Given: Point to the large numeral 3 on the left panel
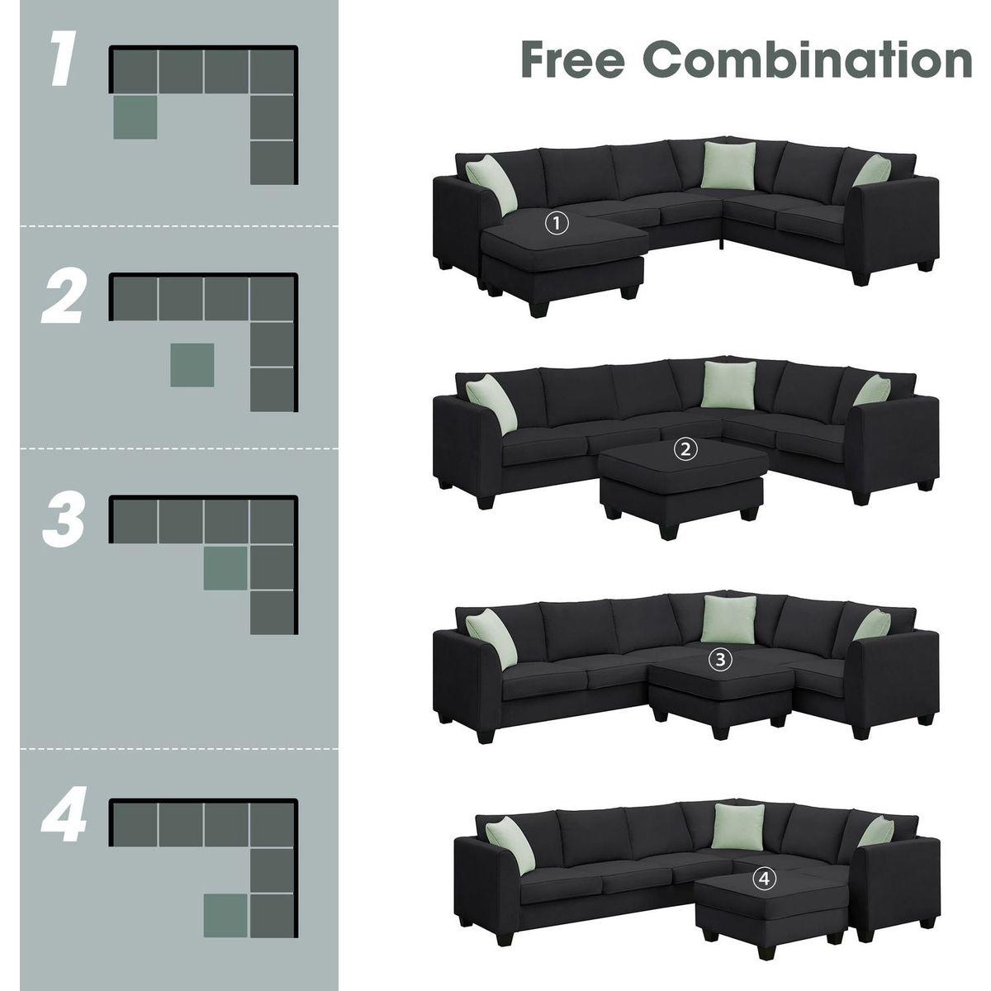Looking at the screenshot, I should coord(64,520).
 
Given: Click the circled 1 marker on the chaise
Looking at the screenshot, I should coord(558,222).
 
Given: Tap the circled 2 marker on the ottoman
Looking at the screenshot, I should coord(686,450).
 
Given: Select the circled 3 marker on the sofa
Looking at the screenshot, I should coord(721,659).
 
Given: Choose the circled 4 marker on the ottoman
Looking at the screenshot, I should coord(766,880).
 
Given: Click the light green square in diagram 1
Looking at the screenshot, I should coord(135,116).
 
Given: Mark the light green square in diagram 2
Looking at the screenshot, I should coord(192,365).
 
